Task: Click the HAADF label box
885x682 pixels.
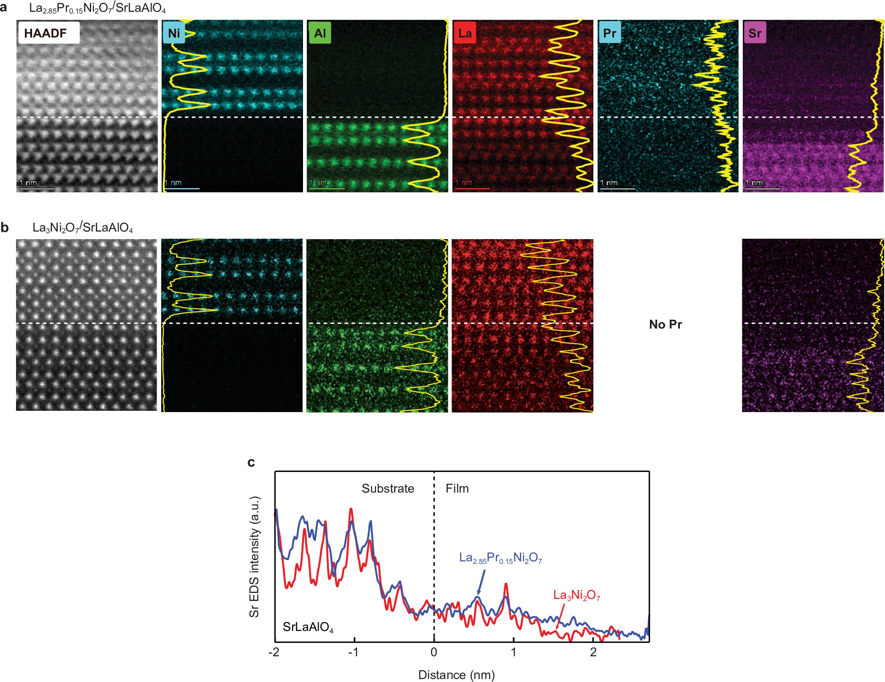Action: pyautogui.click(x=49, y=33)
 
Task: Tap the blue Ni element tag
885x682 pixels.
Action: pyautogui.click(x=174, y=33)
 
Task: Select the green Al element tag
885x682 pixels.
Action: pyautogui.click(x=319, y=33)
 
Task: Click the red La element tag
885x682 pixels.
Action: pyautogui.click(x=465, y=33)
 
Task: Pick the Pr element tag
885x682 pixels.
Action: pyautogui.click(x=609, y=33)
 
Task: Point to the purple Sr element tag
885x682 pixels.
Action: pyautogui.click(x=755, y=33)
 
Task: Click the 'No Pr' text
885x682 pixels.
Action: pyautogui.click(x=665, y=324)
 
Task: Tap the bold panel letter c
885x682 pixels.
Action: pyautogui.click(x=251, y=462)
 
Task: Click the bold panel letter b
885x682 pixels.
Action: pyautogui.click(x=5, y=228)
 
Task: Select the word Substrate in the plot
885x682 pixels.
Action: pyautogui.click(x=387, y=488)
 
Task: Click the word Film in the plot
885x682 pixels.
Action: pyautogui.click(x=457, y=488)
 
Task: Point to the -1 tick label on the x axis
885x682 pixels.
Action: pyautogui.click(x=353, y=652)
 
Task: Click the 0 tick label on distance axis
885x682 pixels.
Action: pyautogui.click(x=434, y=652)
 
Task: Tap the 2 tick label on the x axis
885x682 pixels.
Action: pyautogui.click(x=593, y=652)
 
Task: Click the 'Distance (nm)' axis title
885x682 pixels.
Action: pyautogui.click(x=456, y=675)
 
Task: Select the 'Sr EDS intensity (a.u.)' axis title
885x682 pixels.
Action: pyautogui.click(x=254, y=557)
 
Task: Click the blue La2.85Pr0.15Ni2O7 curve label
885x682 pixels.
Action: pyautogui.click(x=500, y=558)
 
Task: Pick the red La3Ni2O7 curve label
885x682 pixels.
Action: pyautogui.click(x=576, y=595)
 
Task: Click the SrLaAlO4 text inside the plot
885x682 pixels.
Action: pyautogui.click(x=308, y=627)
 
